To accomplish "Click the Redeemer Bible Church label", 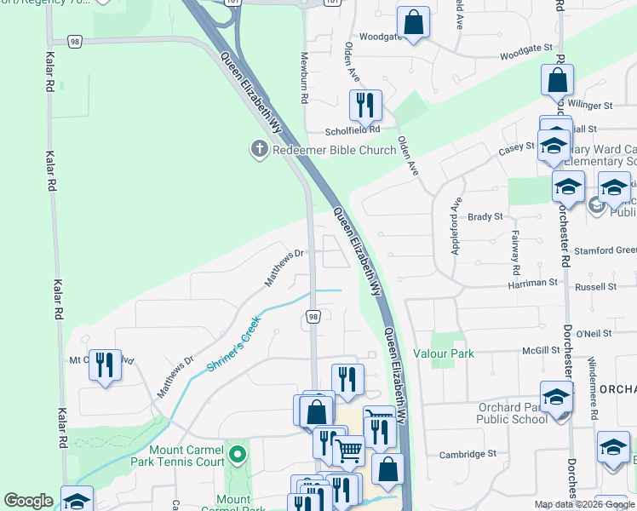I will pos(335,150).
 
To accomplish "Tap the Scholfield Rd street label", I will pos(352,131).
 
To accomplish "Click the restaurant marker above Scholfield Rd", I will pos(365,106).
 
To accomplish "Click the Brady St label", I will pos(485,217).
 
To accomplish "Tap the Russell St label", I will pos(595,287).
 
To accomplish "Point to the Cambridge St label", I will pos(468,455).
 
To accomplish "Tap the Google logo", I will pos(28,501).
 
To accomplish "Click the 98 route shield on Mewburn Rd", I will pos(313,317).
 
